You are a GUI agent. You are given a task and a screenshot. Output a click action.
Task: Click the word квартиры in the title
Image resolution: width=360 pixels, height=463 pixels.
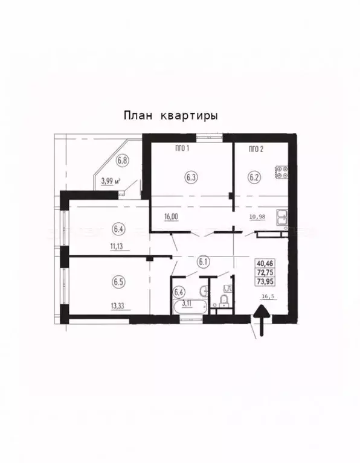coord(188,115)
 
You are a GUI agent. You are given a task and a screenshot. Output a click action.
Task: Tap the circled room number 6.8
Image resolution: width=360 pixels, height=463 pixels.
coord(123,161)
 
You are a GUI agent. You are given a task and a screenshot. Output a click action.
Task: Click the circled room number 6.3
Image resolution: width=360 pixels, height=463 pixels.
coord(191,177)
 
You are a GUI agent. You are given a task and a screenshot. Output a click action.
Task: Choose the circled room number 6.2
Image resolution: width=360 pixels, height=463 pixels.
coord(254,177)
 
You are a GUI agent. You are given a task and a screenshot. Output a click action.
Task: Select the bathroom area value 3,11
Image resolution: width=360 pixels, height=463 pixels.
coord(187,304)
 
